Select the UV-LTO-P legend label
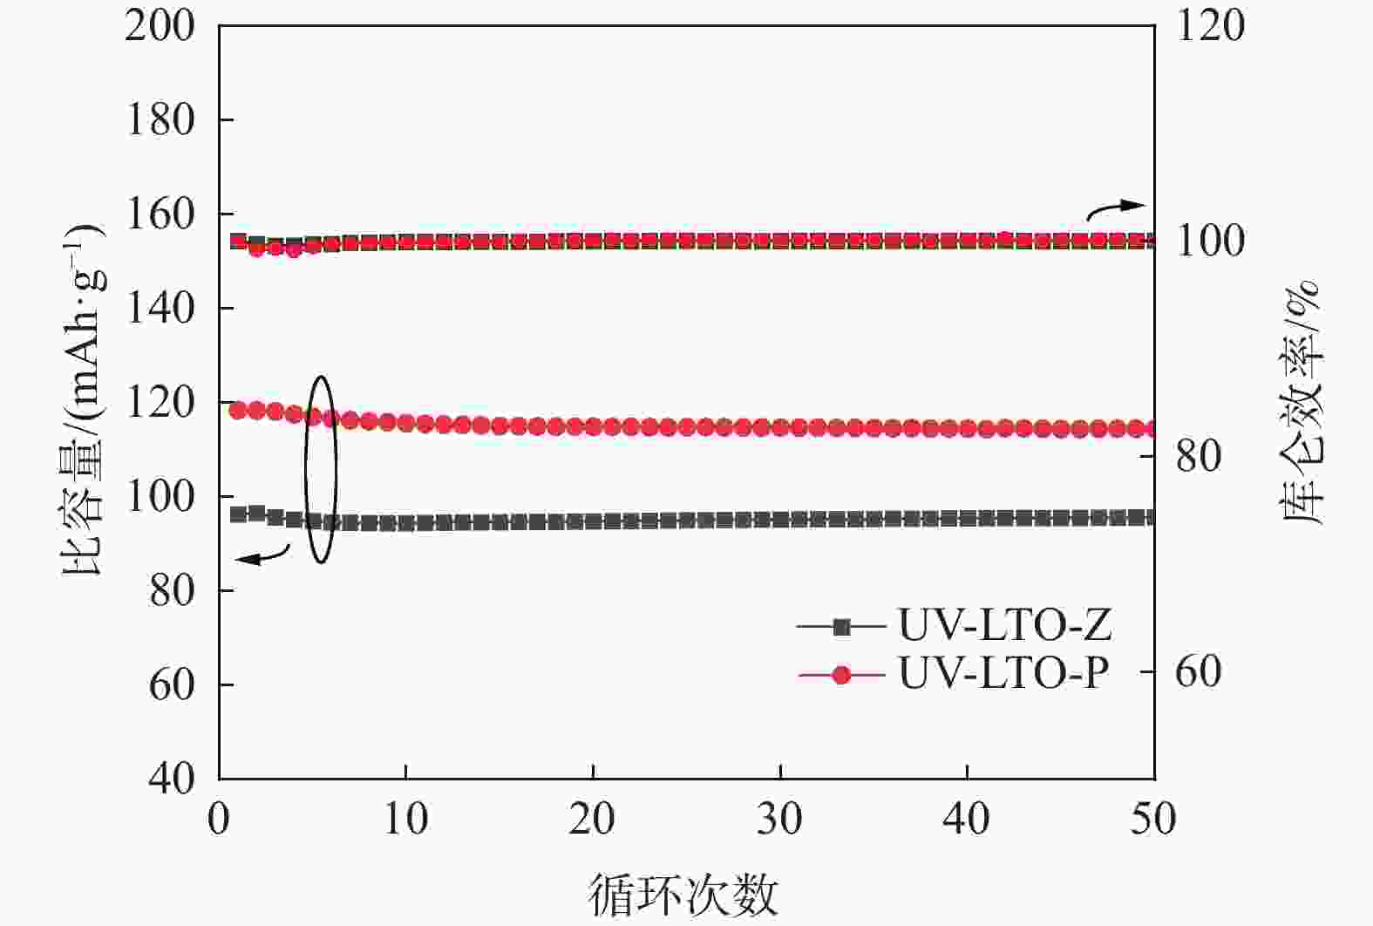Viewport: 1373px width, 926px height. (1003, 674)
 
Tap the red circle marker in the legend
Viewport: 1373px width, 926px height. (841, 675)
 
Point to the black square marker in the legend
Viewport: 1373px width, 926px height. (841, 626)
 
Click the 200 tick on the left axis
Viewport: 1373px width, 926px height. (160, 25)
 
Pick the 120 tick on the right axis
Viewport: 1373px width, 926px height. (1210, 25)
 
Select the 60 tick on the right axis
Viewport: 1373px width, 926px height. (1198, 671)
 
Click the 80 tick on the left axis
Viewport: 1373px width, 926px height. (172, 590)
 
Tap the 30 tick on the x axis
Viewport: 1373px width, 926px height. (779, 820)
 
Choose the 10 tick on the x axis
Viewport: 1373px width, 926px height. (406, 820)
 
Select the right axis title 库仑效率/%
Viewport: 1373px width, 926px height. (1302, 401)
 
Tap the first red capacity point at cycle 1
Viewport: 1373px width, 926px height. (237, 410)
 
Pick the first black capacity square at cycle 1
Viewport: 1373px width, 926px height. (238, 514)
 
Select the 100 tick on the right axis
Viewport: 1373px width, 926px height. (1210, 242)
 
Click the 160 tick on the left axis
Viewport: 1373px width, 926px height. (160, 214)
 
